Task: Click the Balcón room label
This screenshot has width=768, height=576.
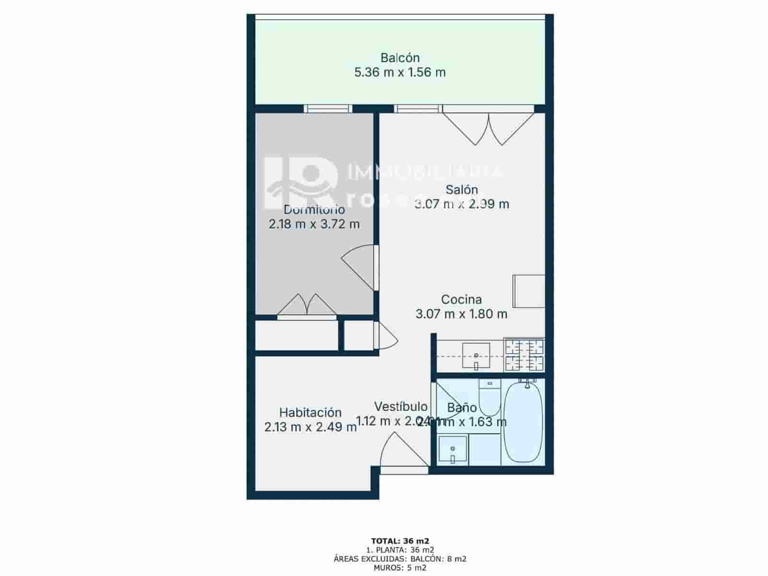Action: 400,58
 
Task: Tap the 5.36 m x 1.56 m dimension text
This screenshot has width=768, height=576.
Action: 400,72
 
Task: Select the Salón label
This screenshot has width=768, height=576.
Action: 461,189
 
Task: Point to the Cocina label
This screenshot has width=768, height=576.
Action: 461,300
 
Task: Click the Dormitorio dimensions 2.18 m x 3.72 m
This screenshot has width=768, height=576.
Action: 314,224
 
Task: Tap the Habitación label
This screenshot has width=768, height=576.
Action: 310,412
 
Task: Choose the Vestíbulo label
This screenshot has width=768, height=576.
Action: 401,407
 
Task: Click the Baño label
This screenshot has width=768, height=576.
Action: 462,408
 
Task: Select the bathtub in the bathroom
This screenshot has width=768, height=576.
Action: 523,421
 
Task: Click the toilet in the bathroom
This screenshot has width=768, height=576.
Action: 490,398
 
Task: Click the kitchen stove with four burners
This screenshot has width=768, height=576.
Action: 524,355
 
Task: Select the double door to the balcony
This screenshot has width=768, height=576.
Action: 488,128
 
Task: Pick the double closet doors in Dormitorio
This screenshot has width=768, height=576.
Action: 307,305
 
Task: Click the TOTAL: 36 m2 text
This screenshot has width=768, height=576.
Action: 400,541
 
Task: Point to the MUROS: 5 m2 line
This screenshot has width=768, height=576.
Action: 400,568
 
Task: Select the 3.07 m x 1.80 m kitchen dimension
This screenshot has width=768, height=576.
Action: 461,314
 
